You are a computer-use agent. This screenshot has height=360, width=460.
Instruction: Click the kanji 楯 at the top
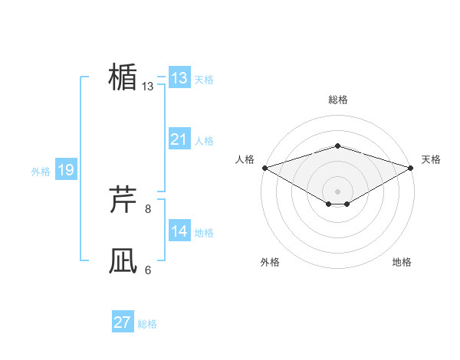123,77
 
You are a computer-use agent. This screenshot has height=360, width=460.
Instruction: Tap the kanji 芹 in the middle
123,201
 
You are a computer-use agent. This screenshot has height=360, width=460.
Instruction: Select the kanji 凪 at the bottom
123,261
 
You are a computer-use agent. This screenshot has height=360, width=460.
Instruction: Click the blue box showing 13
179,77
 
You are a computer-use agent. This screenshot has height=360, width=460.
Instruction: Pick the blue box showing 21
179,139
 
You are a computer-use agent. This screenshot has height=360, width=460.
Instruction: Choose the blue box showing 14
179,231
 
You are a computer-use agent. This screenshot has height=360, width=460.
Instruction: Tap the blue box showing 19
65,170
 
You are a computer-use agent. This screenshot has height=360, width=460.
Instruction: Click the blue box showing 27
122,322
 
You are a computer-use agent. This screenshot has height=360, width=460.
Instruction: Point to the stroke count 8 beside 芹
148,208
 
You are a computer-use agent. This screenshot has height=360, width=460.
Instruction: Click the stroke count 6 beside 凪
148,270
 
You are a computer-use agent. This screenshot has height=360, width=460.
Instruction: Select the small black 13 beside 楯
148,87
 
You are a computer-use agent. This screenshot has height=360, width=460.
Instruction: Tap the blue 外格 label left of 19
41,172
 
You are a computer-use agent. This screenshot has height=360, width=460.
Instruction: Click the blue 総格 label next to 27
147,324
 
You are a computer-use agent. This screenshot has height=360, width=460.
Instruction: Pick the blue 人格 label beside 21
204,141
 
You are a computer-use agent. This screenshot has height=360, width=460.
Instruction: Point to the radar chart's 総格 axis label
337,100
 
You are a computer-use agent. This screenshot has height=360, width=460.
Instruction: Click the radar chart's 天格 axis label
432,159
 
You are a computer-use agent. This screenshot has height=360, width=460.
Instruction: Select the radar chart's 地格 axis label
402,262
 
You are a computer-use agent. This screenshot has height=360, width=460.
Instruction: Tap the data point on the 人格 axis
264,167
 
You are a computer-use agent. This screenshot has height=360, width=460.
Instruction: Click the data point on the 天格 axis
411,167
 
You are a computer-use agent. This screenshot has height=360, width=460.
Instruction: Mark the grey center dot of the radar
337,190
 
